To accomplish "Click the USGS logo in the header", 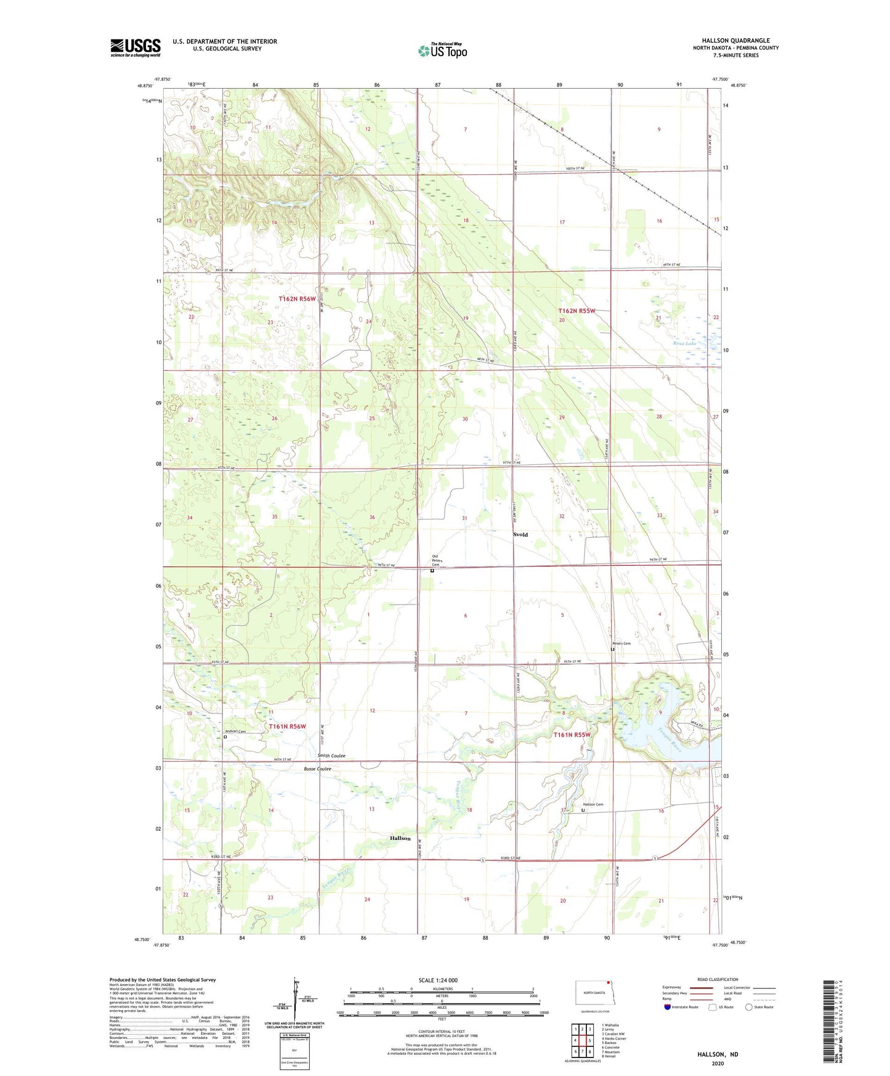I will (136, 47).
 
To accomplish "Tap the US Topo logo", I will (443, 51).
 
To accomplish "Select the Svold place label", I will (520, 534).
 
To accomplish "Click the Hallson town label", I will (400, 838).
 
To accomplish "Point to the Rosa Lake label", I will (684, 343).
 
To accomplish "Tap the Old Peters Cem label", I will (436, 561).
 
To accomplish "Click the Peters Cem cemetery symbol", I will (612, 649).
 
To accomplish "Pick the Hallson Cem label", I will (593, 804).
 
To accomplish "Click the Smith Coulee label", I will (331, 756).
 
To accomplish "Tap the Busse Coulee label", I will (318, 768).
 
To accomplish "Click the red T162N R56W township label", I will (296, 298).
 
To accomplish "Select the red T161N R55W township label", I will (572, 735).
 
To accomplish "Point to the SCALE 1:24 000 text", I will (438, 980).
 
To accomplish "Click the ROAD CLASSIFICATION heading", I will (718, 979).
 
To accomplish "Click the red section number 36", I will (371, 517).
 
